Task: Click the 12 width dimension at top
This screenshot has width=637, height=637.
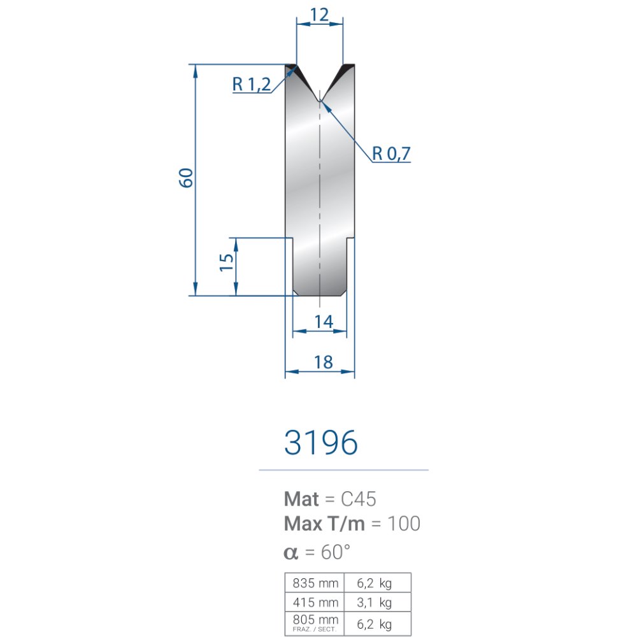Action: (x=319, y=15)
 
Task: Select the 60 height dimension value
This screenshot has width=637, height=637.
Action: (x=186, y=178)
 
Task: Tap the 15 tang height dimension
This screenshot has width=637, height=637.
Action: (x=226, y=262)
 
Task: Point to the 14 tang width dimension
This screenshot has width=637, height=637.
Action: (x=324, y=322)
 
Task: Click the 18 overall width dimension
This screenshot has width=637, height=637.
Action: (x=324, y=362)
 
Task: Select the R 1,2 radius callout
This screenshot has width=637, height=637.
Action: (x=252, y=85)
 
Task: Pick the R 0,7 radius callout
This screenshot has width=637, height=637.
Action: (x=391, y=154)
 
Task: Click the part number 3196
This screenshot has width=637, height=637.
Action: (x=321, y=442)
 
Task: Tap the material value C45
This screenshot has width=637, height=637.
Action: (x=358, y=499)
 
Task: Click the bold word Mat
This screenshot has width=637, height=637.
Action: (x=301, y=499)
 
